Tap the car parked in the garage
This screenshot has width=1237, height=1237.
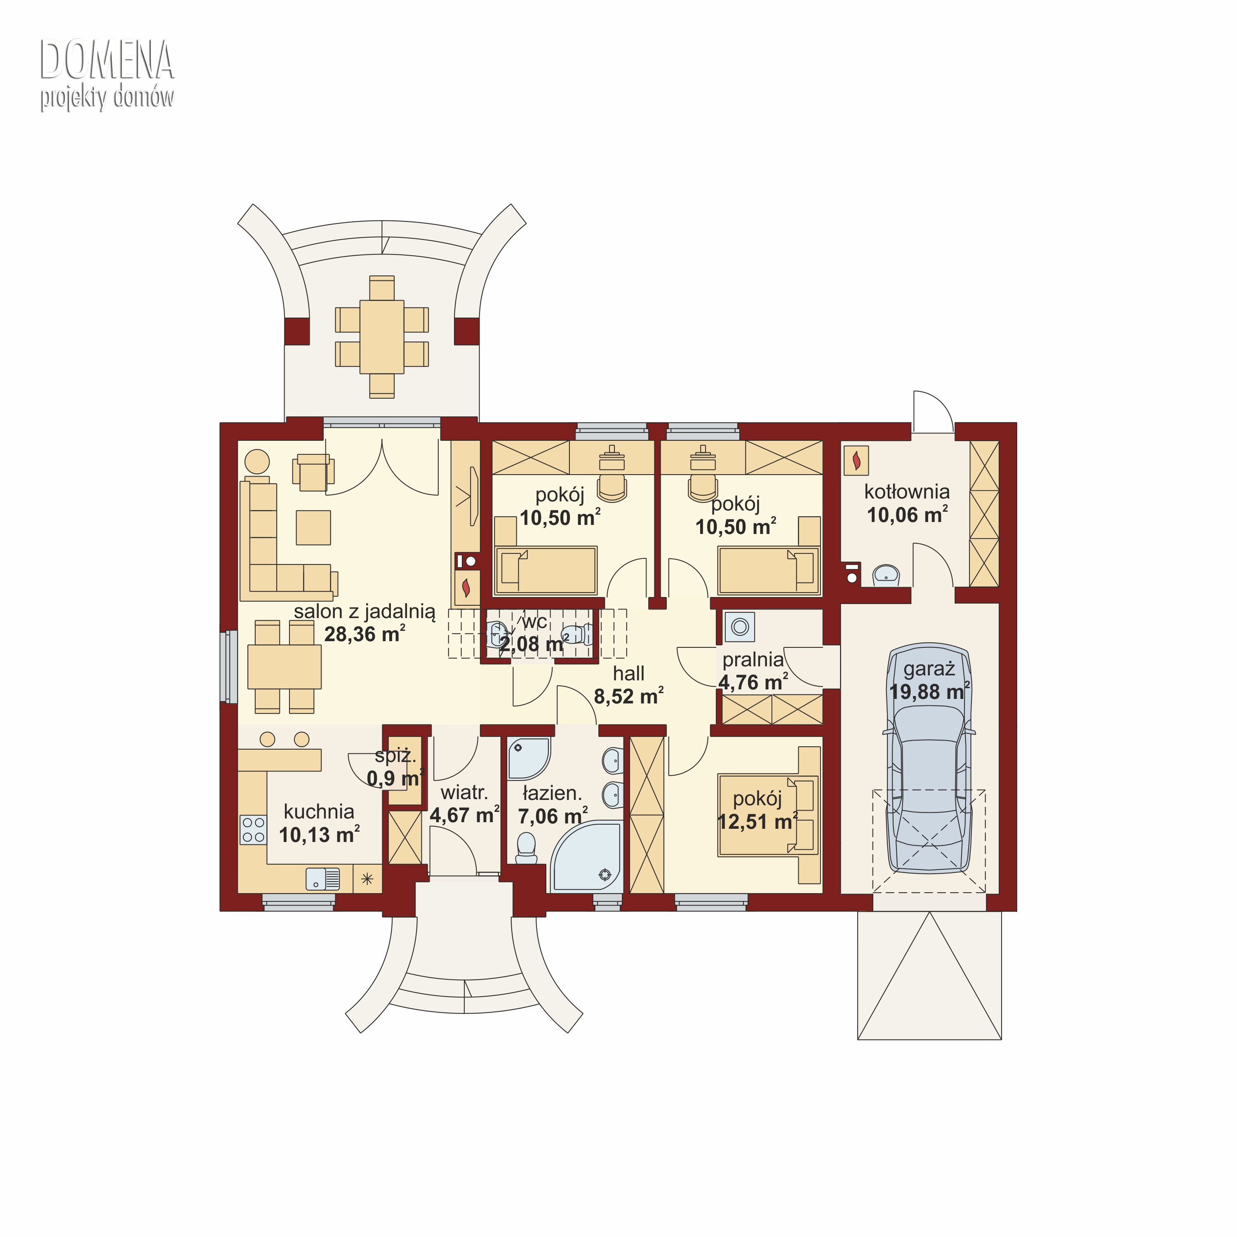coord(929,759)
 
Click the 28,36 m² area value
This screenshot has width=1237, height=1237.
coord(365,634)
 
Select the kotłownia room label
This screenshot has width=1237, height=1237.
coord(907,492)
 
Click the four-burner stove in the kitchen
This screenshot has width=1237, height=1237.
coord(253,830)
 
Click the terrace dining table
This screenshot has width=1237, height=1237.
coord(381,337)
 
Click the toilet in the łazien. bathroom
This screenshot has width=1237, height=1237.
coord(526,848)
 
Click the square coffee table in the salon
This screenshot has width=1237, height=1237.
coord(313,528)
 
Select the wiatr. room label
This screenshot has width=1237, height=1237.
coord(464,793)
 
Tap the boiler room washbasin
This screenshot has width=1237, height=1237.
coord(886,574)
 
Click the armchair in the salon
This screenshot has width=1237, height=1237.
coord(313,473)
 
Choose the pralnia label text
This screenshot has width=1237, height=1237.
coord(753,659)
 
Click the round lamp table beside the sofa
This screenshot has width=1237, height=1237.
coord(257,461)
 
